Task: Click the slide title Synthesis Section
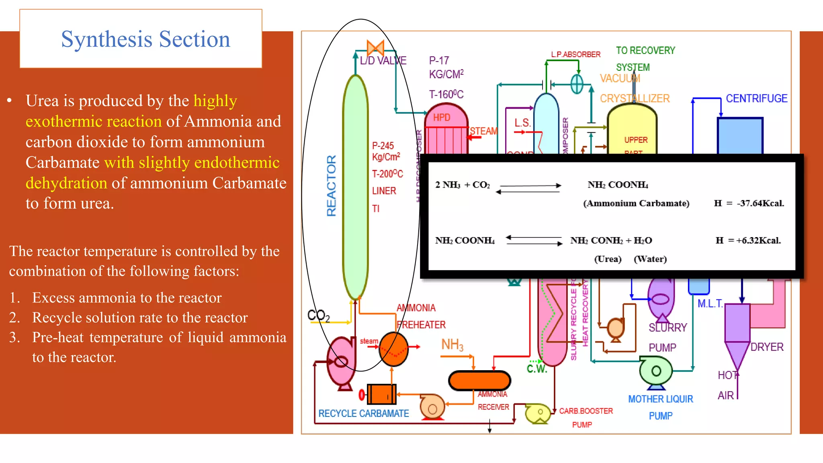tap(145, 39)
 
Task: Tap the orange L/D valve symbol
tap(375, 48)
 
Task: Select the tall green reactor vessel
tap(355, 187)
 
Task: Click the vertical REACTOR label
tap(331, 186)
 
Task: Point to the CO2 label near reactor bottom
tap(318, 315)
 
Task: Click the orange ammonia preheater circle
tap(393, 349)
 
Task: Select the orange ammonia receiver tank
tap(479, 380)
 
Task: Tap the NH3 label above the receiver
tap(452, 345)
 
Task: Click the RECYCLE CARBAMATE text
tap(363, 414)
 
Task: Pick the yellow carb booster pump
tap(538, 414)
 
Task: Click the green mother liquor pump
tap(655, 371)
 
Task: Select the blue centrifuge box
tap(740, 136)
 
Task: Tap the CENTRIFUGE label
tap(756, 98)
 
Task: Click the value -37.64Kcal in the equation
tap(760, 203)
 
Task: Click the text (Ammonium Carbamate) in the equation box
tap(636, 203)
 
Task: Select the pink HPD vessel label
tap(442, 117)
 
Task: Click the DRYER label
tap(767, 347)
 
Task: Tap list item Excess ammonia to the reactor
tap(127, 298)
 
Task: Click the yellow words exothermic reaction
tap(94, 121)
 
